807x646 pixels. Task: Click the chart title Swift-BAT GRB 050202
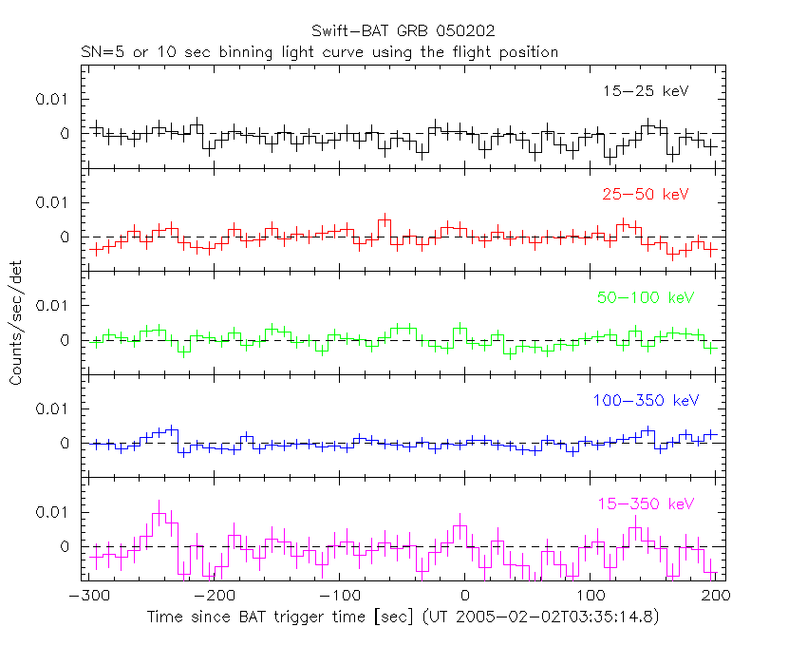coord(403,31)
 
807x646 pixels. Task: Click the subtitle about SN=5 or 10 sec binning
coord(319,51)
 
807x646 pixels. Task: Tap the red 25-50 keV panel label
coord(645,194)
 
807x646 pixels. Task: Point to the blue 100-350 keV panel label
coord(645,400)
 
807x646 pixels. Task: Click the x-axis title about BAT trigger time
coord(403,617)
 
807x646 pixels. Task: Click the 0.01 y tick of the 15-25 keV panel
coord(53,99)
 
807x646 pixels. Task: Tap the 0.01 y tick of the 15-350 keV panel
coord(53,512)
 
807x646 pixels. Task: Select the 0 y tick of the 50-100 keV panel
coord(66,340)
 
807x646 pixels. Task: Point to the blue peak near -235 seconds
coord(172,430)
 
